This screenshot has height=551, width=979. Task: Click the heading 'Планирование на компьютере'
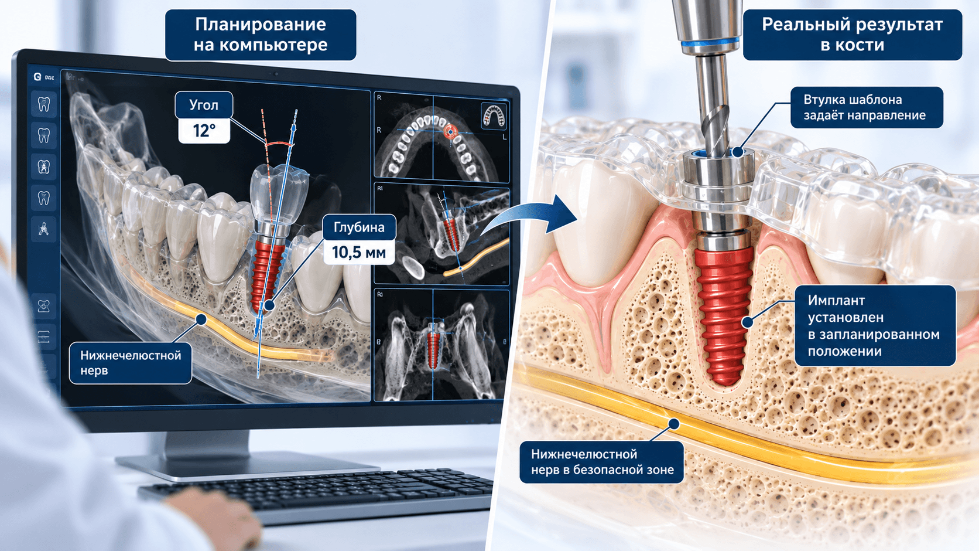[x=261, y=35]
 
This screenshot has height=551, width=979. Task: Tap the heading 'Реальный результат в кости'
[x=853, y=35]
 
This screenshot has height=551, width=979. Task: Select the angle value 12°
[x=204, y=131]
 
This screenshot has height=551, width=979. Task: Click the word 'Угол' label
[x=204, y=105]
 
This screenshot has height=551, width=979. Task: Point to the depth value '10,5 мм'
[x=359, y=253]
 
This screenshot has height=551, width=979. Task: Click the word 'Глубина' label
[x=360, y=227]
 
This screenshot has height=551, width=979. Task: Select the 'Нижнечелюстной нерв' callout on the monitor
[x=130, y=363]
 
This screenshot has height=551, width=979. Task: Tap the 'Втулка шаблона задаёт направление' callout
[x=867, y=107]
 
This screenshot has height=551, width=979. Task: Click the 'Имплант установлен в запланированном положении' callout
[x=875, y=325]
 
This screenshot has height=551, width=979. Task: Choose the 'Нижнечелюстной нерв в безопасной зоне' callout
[x=602, y=462]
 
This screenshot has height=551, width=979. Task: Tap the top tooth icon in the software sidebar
[x=44, y=104]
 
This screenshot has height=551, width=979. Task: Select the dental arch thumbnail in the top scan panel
[x=494, y=115]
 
